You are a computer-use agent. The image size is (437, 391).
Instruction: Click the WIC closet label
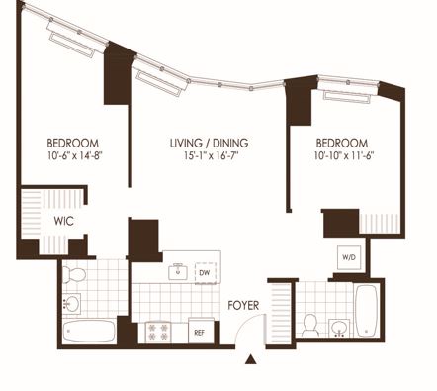pos(63,221)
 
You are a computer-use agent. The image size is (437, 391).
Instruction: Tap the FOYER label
pos(243,305)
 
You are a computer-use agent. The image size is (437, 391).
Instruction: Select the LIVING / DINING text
pos(210,143)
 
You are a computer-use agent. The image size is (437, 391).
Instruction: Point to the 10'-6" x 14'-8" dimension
pos(75,155)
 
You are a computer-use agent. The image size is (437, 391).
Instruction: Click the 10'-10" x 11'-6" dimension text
pos(344,155)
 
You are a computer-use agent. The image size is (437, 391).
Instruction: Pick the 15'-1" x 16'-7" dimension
pos(211,155)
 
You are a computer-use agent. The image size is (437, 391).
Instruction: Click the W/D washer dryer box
pos(349,257)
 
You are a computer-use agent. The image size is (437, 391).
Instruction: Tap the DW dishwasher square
pos(206,273)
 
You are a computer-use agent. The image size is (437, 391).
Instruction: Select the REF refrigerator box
pos(200,331)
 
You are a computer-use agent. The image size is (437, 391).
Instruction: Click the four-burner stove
pos(158,332)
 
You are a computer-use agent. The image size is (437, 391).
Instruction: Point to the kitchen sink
pos(178,272)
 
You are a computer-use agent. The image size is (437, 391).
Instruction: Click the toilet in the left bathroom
pos(74,274)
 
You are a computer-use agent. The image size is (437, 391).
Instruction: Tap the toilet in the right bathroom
pos(309,326)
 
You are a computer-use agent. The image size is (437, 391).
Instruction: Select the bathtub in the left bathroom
pos(89,331)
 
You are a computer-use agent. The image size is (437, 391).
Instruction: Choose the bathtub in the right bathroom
pos(366,311)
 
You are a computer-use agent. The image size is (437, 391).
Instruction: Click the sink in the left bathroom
pos(71,303)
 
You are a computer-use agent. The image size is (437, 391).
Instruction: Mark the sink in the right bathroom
pos(340,328)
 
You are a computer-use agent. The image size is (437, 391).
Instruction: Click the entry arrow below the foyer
pos(251,359)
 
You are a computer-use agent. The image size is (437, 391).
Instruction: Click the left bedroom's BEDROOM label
pos(73,144)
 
